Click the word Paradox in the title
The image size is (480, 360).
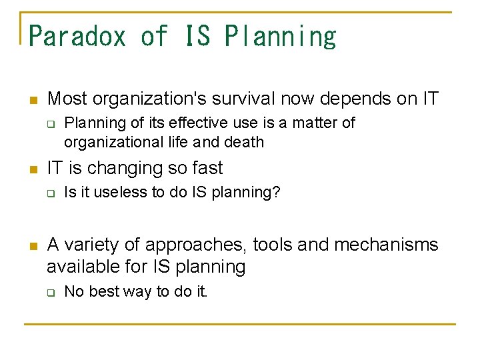coord(77,36)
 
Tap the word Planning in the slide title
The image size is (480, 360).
coord(280,36)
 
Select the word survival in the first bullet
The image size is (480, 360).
coord(233,99)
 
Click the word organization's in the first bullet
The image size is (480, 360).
coord(137,99)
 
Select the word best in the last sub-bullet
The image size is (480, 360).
coord(99,291)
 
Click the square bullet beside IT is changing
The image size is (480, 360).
coord(33,169)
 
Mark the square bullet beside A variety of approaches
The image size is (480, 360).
coord(33,246)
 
